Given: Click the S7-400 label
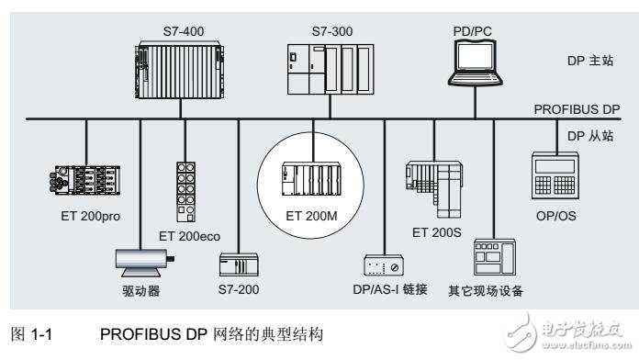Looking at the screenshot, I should (x=184, y=30).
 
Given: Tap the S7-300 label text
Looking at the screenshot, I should (x=326, y=30).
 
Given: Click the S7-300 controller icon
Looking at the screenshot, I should (x=328, y=70).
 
